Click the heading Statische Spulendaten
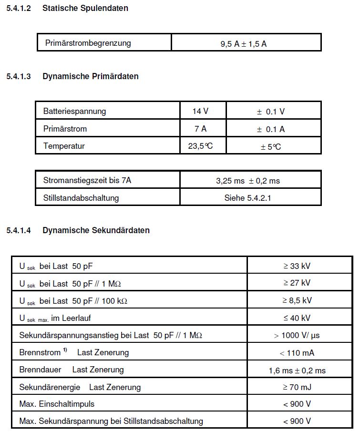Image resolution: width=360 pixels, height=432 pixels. point(85,8)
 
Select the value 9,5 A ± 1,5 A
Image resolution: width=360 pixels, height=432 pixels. point(243,43)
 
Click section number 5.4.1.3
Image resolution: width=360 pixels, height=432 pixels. point(19,76)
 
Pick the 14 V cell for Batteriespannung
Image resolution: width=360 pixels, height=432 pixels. point(200,111)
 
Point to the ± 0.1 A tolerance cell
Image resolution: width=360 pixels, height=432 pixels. point(270,129)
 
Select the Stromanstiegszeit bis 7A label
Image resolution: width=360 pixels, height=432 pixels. point(87,180)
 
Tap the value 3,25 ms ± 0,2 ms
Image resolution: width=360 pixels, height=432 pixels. point(247,181)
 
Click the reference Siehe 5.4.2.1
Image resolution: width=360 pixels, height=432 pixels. point(247,197)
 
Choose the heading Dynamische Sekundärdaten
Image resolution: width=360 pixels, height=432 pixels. point(96,230)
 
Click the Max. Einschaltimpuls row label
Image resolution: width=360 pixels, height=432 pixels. point(57,404)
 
